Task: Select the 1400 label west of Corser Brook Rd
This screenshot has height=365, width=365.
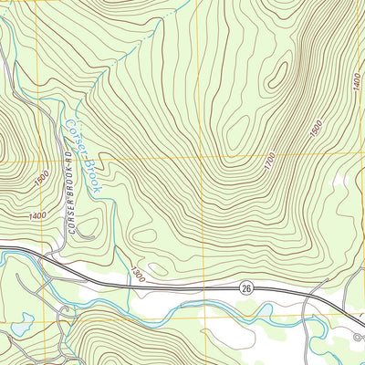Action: [37, 215]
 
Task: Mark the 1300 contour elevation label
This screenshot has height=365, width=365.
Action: [138, 272]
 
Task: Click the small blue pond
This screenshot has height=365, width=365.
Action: [20, 323]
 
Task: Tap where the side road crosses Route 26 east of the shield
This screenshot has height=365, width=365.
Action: [313, 295]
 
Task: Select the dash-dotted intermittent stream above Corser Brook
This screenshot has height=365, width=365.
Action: [155, 36]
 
